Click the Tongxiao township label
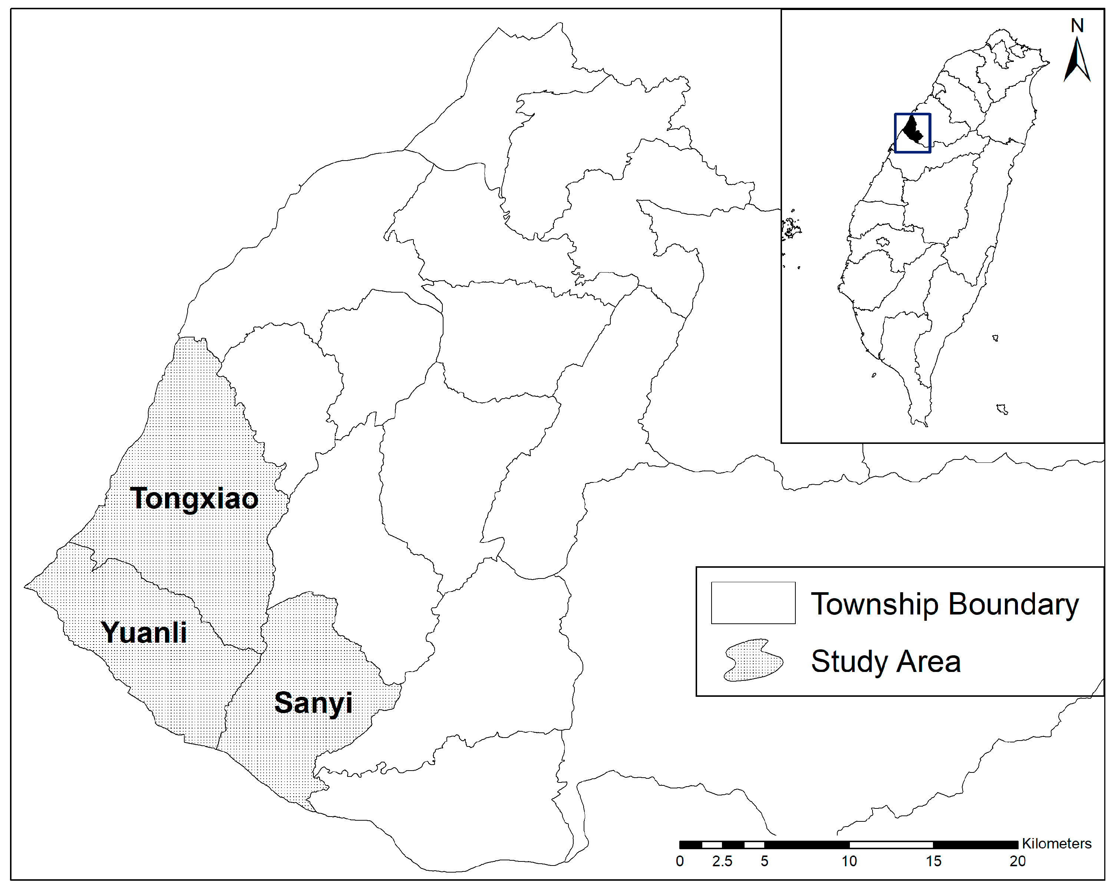click(194, 498)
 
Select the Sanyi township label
click(313, 702)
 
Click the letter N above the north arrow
click(1077, 25)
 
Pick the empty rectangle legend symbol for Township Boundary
click(753, 603)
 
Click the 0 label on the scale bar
click(680, 861)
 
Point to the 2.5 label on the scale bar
click(722, 861)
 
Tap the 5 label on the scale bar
click(764, 861)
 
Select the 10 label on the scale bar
click(849, 861)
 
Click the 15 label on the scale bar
click(933, 861)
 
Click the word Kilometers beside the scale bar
click(1056, 843)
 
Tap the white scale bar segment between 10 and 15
click(891, 844)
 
